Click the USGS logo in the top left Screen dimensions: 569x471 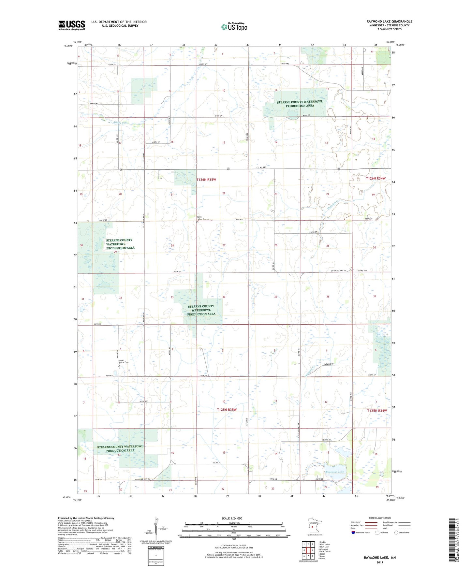(71, 25)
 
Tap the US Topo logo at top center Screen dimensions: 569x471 (234, 26)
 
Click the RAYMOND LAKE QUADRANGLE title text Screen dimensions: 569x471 (389, 22)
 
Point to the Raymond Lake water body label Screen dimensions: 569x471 (334, 472)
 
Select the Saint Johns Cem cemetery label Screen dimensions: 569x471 (202, 218)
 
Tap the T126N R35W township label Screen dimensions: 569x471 (206, 180)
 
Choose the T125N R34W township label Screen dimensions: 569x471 (377, 411)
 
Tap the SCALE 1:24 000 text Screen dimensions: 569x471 (231, 518)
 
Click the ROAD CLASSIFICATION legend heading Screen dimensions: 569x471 (380, 518)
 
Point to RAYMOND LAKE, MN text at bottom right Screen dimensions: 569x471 (380, 558)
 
